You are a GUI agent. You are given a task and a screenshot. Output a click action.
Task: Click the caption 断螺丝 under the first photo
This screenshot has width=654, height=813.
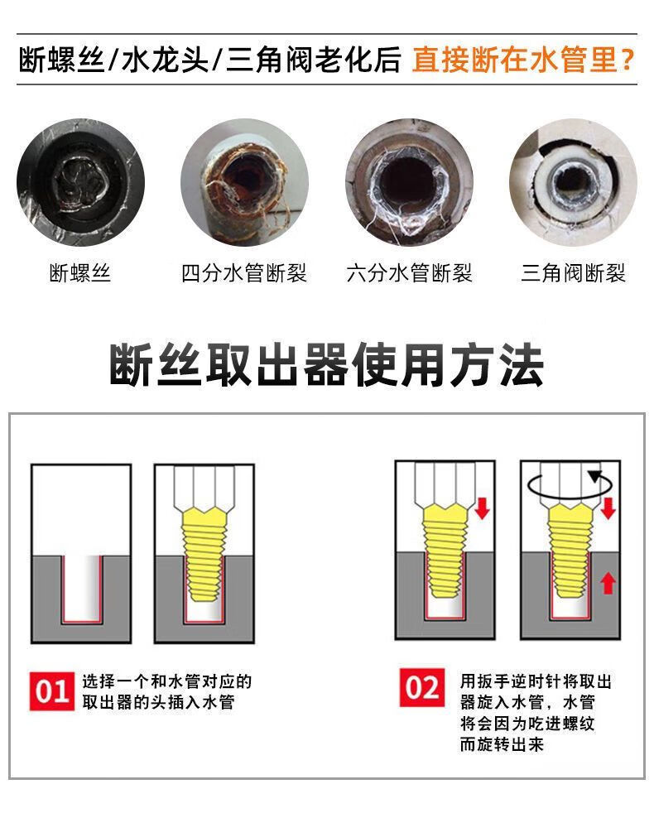point(79,272)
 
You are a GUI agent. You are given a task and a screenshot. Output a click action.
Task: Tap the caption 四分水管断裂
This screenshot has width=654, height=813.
point(243,272)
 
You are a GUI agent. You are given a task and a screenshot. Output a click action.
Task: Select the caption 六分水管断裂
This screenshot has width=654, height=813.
point(409,272)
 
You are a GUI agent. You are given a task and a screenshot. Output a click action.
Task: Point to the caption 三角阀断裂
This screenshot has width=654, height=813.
point(573,272)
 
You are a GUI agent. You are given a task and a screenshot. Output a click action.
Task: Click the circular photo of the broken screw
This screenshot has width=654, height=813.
point(80,182)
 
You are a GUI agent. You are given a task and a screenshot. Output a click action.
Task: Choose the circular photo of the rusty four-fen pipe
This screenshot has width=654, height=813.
point(245,182)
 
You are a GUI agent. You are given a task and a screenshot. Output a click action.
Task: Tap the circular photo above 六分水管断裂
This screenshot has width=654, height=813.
point(409,182)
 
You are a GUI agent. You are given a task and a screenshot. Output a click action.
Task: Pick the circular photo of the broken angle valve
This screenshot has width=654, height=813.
point(573,182)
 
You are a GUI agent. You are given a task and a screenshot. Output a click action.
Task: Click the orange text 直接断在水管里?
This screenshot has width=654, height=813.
point(523,60)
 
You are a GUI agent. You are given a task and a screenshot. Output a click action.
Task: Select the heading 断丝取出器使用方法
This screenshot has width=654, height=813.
point(326,365)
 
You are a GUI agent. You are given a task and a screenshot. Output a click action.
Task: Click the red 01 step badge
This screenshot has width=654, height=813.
point(52,691)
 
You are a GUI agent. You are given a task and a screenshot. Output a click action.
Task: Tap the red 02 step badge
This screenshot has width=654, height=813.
point(422,687)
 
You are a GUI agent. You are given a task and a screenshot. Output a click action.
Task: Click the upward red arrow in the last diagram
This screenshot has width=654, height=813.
point(608,582)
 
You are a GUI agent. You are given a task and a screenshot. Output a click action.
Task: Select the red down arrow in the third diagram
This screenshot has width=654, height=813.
point(483,508)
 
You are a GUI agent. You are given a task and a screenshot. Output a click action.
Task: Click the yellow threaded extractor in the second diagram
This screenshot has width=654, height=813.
point(204,554)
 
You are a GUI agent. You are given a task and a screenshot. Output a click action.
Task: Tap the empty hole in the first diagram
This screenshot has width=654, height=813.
point(81,588)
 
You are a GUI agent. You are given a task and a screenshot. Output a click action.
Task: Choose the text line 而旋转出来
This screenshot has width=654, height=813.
point(502,744)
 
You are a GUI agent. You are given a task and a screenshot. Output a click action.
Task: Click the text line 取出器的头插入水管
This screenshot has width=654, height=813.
point(158,702)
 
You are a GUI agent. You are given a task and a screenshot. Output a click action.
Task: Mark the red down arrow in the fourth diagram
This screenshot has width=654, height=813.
point(608,508)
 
